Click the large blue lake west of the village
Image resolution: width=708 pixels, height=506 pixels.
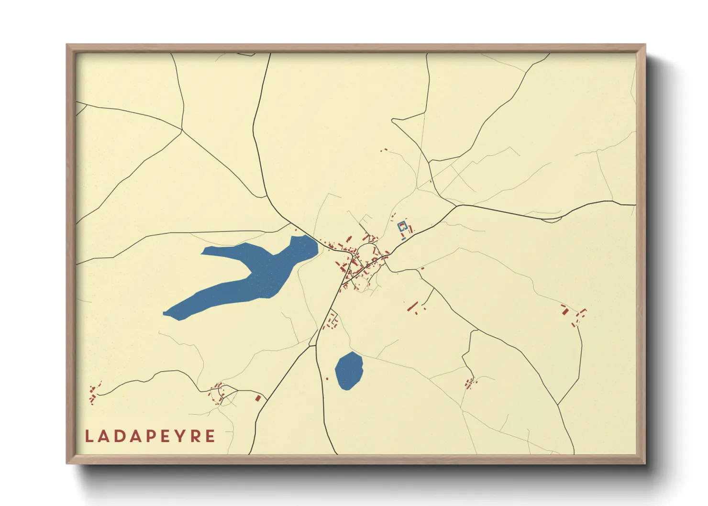(258, 273)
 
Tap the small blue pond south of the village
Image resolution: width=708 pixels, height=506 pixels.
(349, 370)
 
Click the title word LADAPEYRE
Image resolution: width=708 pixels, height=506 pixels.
(150, 436)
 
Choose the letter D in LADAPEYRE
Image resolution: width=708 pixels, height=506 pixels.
(120, 436)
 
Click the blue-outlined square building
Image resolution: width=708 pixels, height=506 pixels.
(402, 227)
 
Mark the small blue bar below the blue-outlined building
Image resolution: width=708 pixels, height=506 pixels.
(404, 238)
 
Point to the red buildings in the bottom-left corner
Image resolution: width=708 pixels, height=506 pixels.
(93, 395)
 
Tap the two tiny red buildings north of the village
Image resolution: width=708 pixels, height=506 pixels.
(384, 150)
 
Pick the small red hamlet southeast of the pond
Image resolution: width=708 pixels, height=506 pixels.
(470, 384)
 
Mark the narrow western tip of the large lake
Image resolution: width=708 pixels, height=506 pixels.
(167, 314)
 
